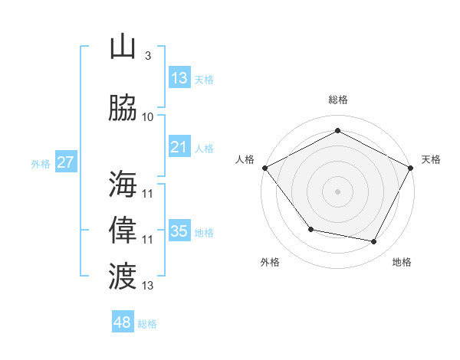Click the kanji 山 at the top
pos(123,47)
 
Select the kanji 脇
pos(123,108)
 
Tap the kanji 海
pos(123,184)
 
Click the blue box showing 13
pos(179,78)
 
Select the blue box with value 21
pos(179,147)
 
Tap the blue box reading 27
pos(66,162)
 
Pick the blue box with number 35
pos(179,231)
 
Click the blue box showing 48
pos(122,322)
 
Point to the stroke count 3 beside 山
pos(147,56)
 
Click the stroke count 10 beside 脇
pos(148,117)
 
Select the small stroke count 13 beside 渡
pos(148,286)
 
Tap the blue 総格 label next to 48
pos(147,324)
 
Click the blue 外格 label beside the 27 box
pos(41,163)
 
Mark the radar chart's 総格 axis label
pos(337,100)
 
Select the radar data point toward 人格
pos(264,167)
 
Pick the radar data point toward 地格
pos(373,241)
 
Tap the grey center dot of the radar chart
pos(337,191)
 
